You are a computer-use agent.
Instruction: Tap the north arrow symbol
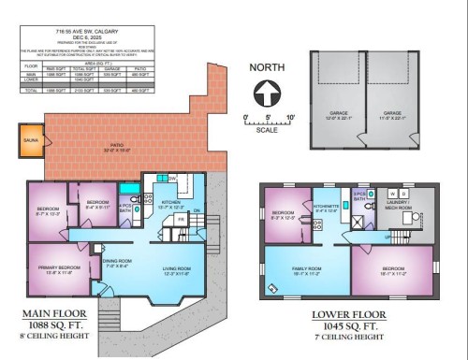(x=267, y=93)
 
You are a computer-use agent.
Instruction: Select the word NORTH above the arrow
(x=268, y=67)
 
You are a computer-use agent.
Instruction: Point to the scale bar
(x=268, y=122)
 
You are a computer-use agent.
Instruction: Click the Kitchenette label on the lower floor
(x=327, y=207)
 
